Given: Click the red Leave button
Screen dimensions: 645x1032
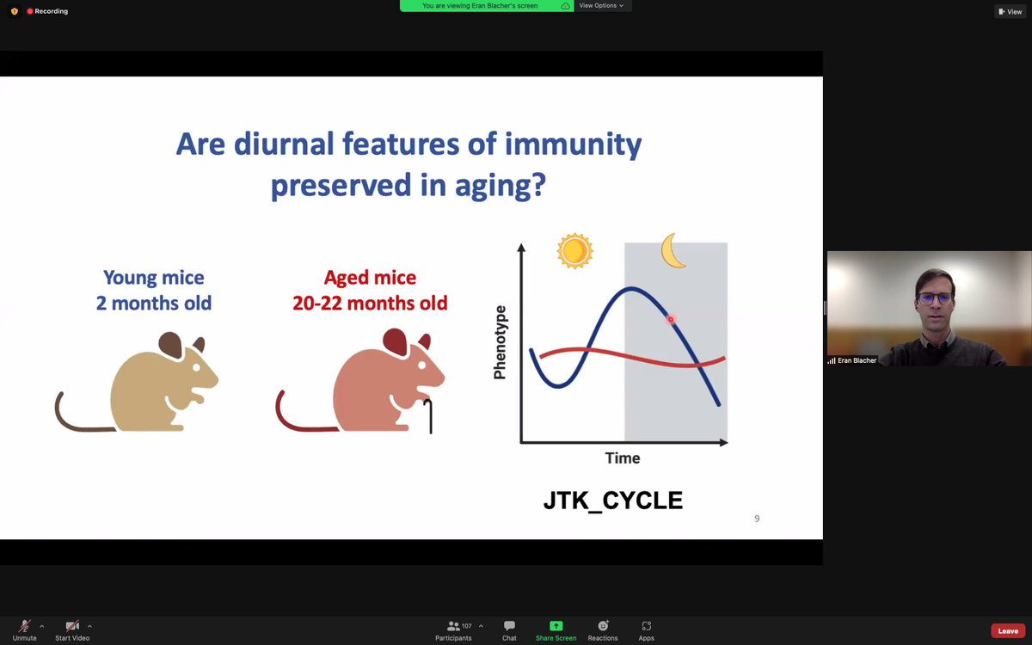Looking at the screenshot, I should pos(1008,631).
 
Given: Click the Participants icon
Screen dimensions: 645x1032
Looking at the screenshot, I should pos(453,626).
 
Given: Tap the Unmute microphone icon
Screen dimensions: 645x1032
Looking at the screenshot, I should pos(25,626).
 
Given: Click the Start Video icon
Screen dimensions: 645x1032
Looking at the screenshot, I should pos(73,626).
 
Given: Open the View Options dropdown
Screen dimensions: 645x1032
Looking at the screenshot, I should pos(601,5).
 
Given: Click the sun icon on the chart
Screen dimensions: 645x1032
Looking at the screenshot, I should pos(574,250).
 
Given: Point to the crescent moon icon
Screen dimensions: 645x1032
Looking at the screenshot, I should pos(673,250).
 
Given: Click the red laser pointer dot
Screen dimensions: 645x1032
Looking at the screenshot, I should pos(671,320).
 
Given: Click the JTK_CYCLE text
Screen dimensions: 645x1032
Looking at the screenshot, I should pos(612,501).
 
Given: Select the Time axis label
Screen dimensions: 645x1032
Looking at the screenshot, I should pos(622,458).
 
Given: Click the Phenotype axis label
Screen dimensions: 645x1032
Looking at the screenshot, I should pos(501,342).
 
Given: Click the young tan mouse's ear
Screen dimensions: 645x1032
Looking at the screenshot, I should pos(170,346).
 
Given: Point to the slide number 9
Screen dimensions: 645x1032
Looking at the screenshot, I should pos(757,519).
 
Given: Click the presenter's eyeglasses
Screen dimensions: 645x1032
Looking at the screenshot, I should pos(933,298).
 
